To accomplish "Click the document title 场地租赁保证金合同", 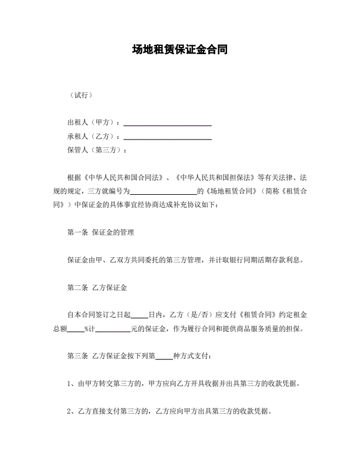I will [179, 50].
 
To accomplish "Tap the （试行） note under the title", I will [80, 95].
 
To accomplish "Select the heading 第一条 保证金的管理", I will [101, 232].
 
